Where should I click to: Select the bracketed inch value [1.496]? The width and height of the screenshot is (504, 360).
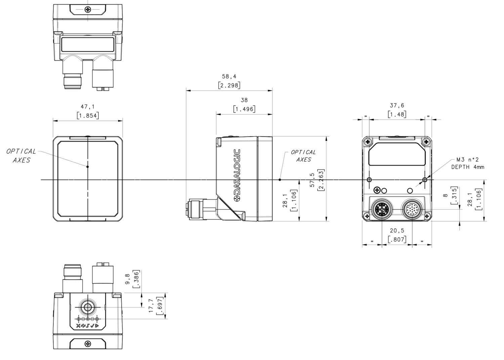coord(244,109)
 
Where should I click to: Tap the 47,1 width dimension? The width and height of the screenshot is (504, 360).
coord(88,107)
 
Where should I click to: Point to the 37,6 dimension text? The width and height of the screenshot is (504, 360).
coord(397,106)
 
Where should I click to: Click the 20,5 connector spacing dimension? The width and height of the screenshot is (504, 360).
coord(397,231)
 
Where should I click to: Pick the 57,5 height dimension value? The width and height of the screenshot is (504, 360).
coord(312,180)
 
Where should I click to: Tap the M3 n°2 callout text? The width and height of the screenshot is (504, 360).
coord(467,160)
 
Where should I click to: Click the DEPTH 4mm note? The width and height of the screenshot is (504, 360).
coord(467,167)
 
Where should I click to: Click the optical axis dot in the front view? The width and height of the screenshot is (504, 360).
coord(88,166)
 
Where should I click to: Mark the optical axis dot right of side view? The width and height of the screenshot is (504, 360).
coord(280,180)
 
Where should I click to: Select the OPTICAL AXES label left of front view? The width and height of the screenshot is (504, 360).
coord(21,156)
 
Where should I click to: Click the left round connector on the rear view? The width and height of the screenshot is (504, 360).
coord(382,210)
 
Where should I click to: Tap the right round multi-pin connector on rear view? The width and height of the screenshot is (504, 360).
coord(412,210)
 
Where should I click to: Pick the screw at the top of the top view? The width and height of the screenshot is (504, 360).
coord(88,9)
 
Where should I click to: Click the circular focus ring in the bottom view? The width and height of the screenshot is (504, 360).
coord(88,307)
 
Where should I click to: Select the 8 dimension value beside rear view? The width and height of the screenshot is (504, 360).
coord(446,195)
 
